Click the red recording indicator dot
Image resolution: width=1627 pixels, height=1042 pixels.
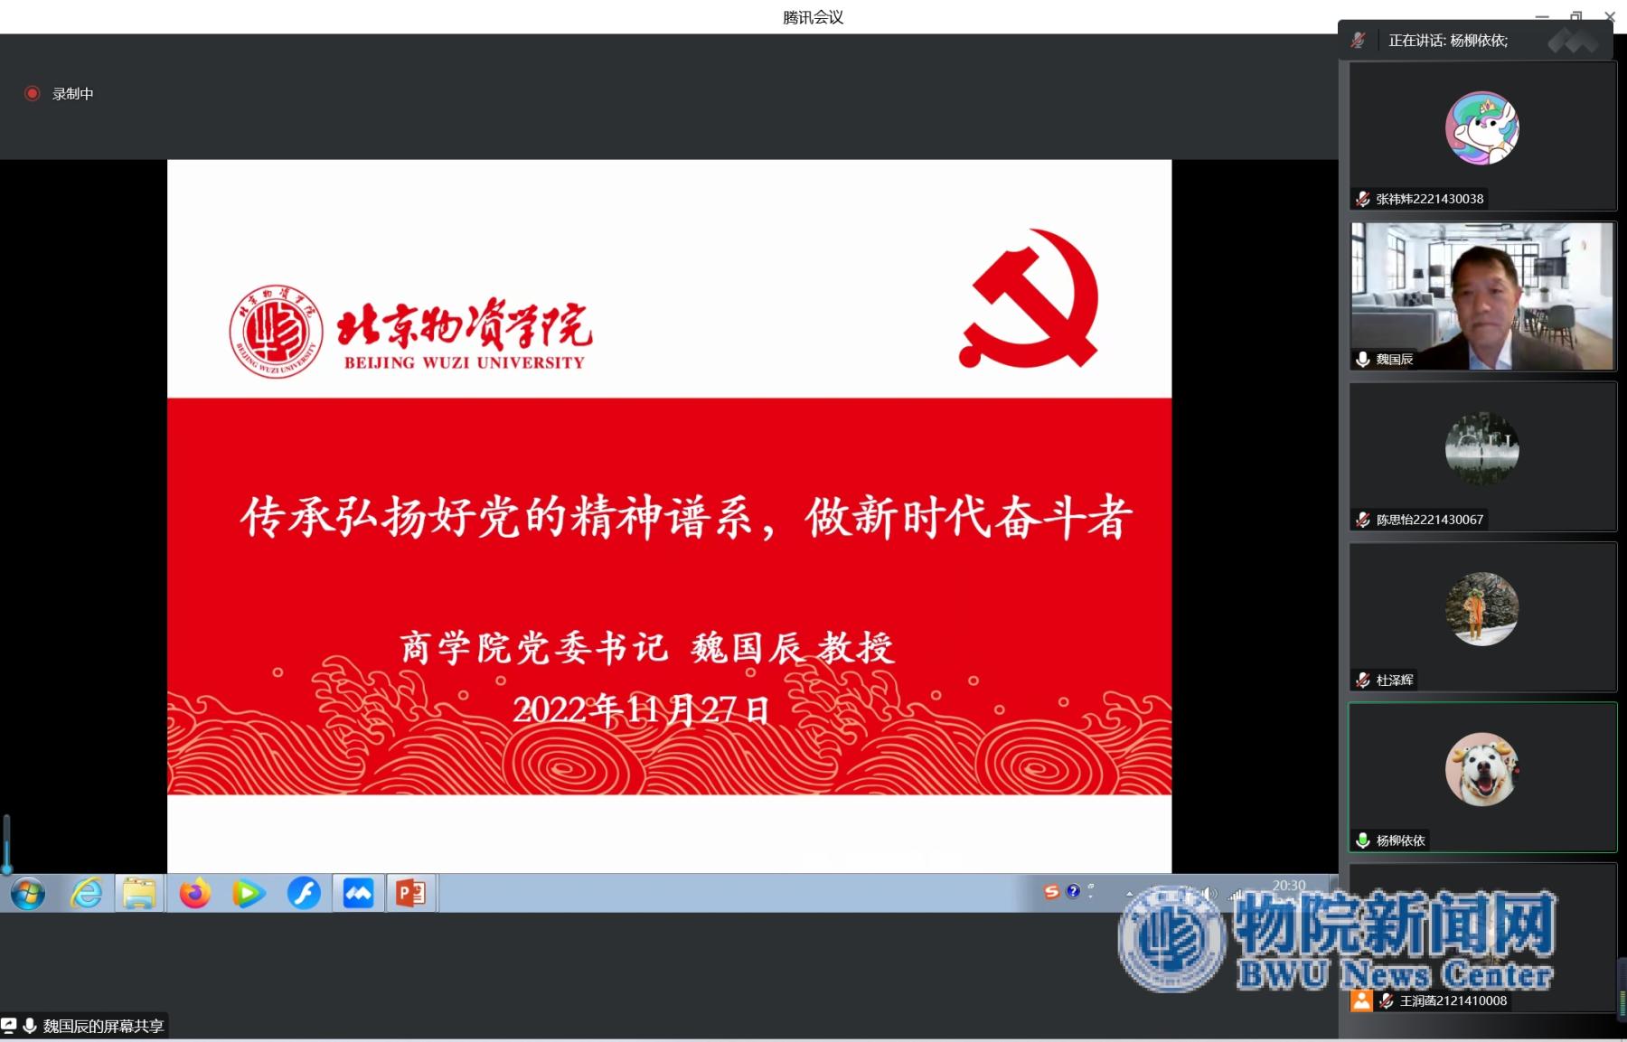[33, 93]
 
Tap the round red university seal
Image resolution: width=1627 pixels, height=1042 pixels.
[276, 331]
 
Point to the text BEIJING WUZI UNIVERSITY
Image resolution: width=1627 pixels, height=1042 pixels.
[465, 363]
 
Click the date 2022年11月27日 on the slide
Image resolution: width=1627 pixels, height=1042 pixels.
[641, 709]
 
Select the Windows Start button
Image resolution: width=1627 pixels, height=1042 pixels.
[28, 894]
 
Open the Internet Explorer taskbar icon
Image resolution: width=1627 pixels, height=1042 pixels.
[86, 894]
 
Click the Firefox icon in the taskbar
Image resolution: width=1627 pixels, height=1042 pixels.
[194, 894]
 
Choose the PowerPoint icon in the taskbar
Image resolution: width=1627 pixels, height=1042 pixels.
[411, 894]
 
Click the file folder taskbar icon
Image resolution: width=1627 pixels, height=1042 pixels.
[139, 894]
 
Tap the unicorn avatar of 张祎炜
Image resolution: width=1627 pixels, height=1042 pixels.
[1482, 128]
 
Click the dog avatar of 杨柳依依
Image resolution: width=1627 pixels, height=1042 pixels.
[1482, 769]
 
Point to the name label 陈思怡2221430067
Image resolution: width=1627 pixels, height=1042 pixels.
[1429, 520]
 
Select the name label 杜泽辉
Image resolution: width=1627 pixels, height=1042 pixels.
[1395, 680]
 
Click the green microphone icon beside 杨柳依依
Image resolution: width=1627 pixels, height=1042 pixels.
[1363, 840]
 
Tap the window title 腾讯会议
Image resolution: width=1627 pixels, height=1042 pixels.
[813, 17]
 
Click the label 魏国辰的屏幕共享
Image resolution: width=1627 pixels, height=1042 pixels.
[103, 1026]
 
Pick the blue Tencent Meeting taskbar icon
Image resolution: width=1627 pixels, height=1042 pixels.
[358, 894]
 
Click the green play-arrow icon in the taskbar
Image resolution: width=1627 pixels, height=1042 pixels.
[249, 894]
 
